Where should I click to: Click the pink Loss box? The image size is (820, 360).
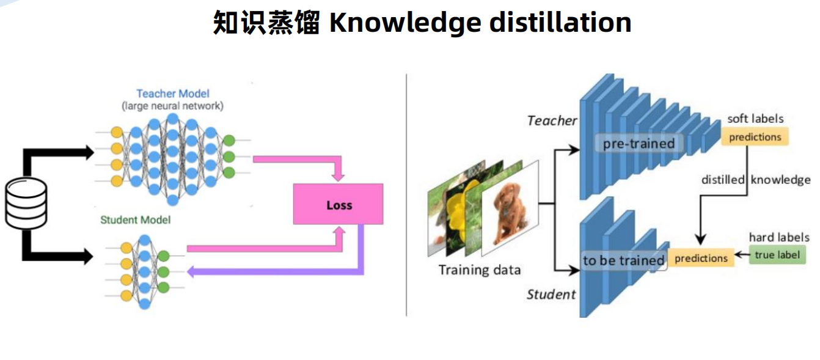pyautogui.click(x=339, y=204)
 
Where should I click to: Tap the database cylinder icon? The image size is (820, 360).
pyautogui.click(x=26, y=204)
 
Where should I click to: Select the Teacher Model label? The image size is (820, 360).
pyautogui.click(x=172, y=94)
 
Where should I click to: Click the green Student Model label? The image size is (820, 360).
pyautogui.click(x=135, y=219)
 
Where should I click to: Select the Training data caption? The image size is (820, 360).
pyautogui.click(x=480, y=270)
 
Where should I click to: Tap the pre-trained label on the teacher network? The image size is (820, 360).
pyautogui.click(x=639, y=144)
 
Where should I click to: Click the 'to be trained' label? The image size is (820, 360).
pyautogui.click(x=623, y=260)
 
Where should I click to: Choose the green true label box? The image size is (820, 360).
pyautogui.click(x=777, y=255)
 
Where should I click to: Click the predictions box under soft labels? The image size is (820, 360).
pyautogui.click(x=755, y=137)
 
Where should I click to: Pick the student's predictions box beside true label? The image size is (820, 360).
pyautogui.click(x=701, y=259)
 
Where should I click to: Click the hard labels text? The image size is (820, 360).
pyautogui.click(x=779, y=237)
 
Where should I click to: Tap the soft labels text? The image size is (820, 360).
pyautogui.click(x=755, y=119)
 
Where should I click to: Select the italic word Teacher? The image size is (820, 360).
pyautogui.click(x=552, y=120)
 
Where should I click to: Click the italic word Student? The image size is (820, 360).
pyautogui.click(x=551, y=295)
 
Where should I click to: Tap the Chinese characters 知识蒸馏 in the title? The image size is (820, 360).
pyautogui.click(x=266, y=23)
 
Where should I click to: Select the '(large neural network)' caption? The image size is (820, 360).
pyautogui.click(x=172, y=106)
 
